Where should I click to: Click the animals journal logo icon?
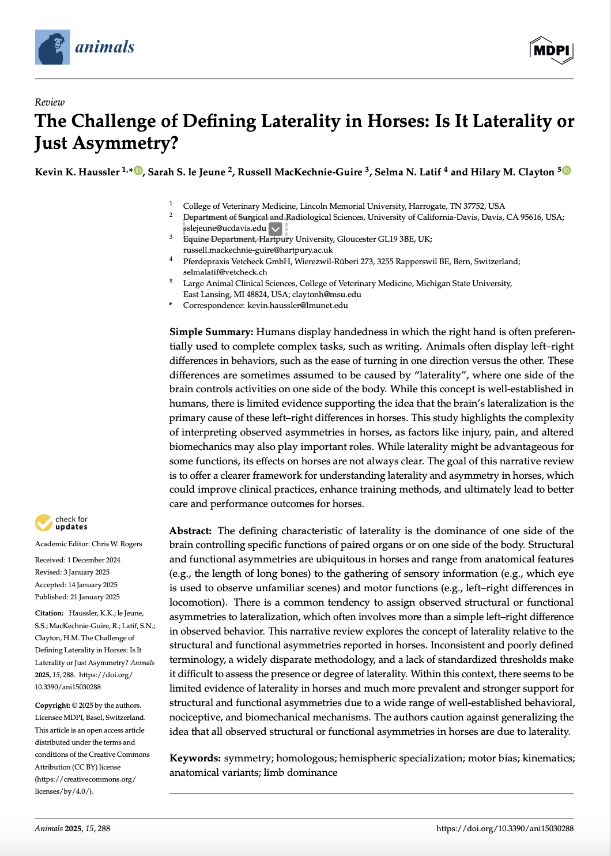pyautogui.click(x=52, y=47)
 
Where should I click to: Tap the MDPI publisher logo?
pyautogui.click(x=551, y=50)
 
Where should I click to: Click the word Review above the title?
pyautogui.click(x=50, y=102)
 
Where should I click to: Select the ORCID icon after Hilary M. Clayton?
pyautogui.click(x=567, y=171)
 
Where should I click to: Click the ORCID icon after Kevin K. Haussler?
pyautogui.click(x=138, y=171)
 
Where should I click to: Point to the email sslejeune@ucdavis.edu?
pyautogui.click(x=225, y=228)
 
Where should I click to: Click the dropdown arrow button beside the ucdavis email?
pyautogui.click(x=276, y=229)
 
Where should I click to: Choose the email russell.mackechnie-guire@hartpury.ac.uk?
pyautogui.click(x=258, y=250)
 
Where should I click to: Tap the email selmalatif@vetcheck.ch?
pyautogui.click(x=225, y=272)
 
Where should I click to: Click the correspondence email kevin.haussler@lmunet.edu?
pyautogui.click(x=297, y=305)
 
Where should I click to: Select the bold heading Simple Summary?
pyautogui.click(x=211, y=332)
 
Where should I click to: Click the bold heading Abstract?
pyautogui.click(x=190, y=531)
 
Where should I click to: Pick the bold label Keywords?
pyautogui.click(x=195, y=758)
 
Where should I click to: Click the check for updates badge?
pyautogui.click(x=61, y=523)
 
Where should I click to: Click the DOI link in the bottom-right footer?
pyautogui.click(x=504, y=828)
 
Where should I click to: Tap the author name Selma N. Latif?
pyautogui.click(x=408, y=172)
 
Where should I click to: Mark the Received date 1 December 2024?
pyautogui.click(x=93, y=560)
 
